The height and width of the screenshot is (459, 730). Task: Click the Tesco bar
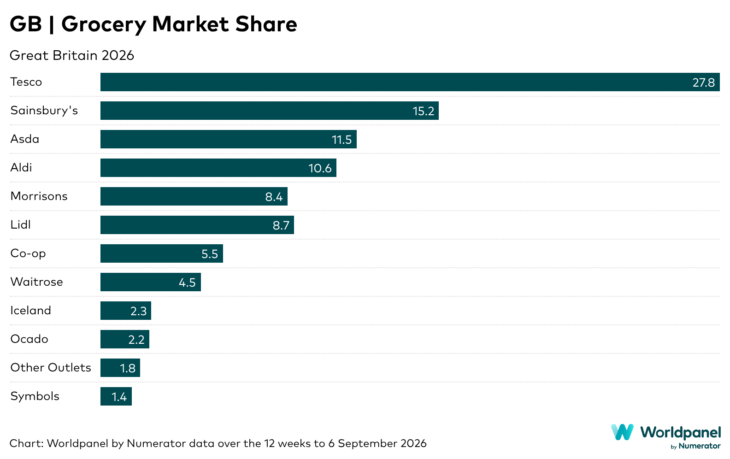pyautogui.click(x=410, y=82)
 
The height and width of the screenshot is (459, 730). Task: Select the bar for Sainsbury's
pyautogui.click(x=270, y=111)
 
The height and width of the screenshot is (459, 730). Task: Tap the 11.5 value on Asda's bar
pyautogui.click(x=341, y=140)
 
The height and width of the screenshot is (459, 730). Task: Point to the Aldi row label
pyautogui.click(x=21, y=168)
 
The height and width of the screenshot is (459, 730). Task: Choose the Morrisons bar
pyautogui.click(x=194, y=196)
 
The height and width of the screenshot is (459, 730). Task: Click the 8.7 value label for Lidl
pyautogui.click(x=281, y=225)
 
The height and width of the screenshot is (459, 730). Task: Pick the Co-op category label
pyautogui.click(x=28, y=253)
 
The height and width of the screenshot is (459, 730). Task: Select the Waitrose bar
pyautogui.click(x=151, y=282)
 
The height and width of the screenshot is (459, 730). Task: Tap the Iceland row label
pyautogui.click(x=30, y=310)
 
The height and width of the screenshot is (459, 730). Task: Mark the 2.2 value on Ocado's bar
pyautogui.click(x=136, y=340)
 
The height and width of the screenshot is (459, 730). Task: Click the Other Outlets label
pyautogui.click(x=51, y=367)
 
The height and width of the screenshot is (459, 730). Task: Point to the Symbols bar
pyautogui.click(x=116, y=396)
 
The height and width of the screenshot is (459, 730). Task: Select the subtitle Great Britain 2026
pyautogui.click(x=72, y=55)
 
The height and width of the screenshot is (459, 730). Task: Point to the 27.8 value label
pyautogui.click(x=704, y=83)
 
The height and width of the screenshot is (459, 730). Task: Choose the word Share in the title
pyautogui.click(x=266, y=24)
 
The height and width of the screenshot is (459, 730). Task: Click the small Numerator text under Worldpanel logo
pyautogui.click(x=700, y=446)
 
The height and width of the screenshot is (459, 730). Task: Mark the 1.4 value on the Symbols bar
pyautogui.click(x=119, y=397)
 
